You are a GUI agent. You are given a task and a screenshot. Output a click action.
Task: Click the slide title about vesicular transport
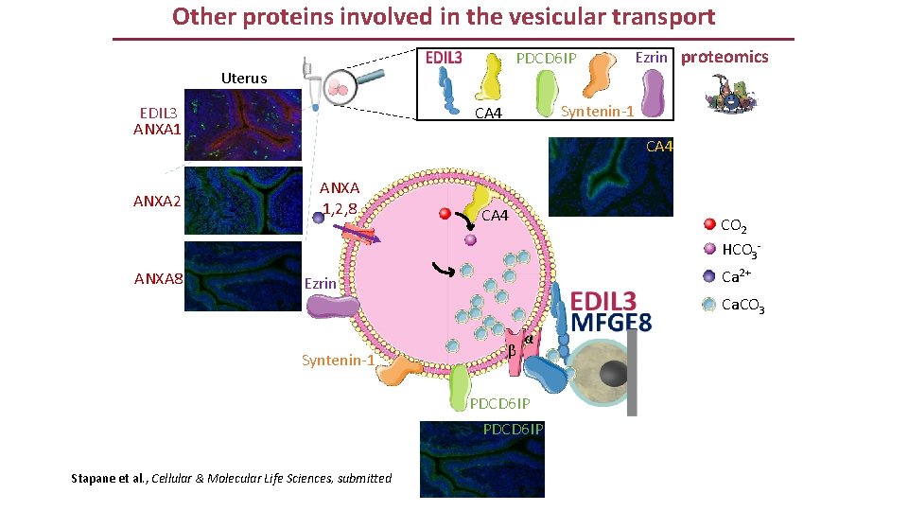444,17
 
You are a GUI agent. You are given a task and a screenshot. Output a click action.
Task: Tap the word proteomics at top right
725,57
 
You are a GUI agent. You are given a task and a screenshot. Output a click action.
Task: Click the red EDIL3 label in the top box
444,58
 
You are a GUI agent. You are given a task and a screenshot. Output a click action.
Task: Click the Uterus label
243,78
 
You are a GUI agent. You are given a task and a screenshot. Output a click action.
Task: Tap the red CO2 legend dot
709,225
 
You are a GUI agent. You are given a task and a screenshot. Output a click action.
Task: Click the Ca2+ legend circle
709,276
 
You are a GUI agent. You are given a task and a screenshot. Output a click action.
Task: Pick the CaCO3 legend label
742,305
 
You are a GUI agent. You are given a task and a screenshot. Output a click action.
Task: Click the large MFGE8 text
611,324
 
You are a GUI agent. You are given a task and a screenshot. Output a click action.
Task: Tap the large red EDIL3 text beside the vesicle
603,301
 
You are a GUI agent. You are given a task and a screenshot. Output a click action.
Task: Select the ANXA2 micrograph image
242,200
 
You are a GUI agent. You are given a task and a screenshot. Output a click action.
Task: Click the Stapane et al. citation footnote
231,478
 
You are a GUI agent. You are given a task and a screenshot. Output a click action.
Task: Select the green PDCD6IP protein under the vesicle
460,385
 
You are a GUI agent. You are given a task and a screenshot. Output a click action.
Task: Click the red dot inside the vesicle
445,214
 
